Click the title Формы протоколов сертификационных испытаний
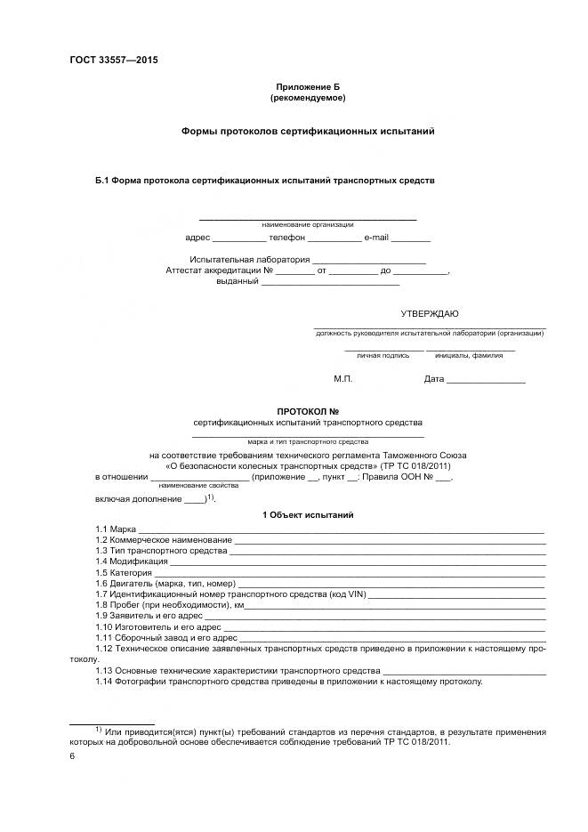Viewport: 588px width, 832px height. click(307, 130)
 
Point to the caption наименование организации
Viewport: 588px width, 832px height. click(307, 224)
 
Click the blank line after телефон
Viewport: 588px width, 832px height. click(335, 238)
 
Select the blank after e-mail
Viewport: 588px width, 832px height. click(411, 238)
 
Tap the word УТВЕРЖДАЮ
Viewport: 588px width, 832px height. click(430, 313)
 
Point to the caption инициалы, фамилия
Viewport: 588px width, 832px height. click(469, 355)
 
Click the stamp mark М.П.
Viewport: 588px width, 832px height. click(343, 379)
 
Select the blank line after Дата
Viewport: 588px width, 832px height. click(486, 380)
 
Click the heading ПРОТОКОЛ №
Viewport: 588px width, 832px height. click(308, 411)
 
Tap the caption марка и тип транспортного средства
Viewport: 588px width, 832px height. click(308, 440)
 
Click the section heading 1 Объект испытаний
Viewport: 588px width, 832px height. click(308, 515)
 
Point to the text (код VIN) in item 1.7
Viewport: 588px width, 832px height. click(344, 594)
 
